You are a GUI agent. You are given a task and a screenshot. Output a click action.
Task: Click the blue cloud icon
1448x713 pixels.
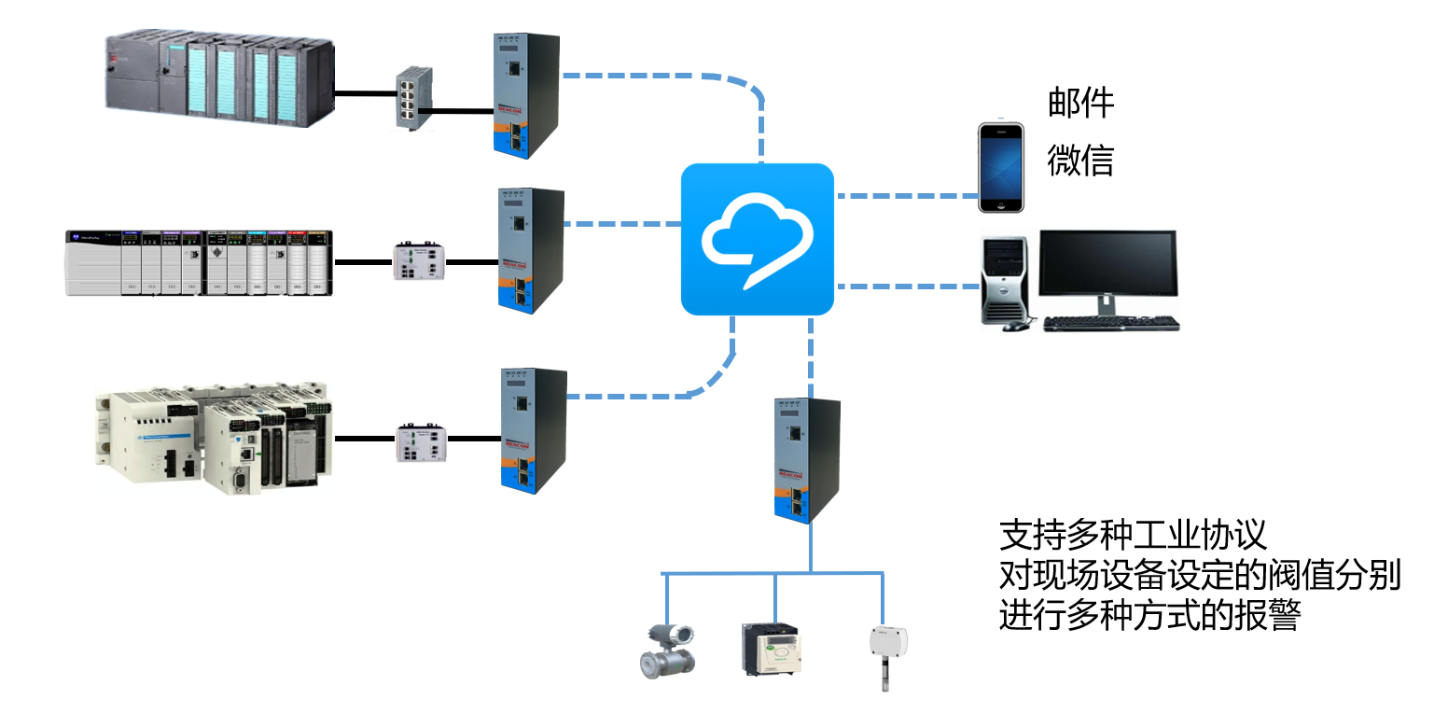(757, 239)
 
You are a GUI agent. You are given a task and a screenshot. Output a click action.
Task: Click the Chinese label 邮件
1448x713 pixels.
(1080, 103)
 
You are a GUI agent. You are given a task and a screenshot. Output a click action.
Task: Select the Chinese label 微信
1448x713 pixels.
(1080, 161)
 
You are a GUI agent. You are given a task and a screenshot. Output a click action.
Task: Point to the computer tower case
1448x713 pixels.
(1007, 279)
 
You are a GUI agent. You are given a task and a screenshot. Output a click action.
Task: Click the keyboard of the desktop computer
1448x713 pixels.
(1110, 324)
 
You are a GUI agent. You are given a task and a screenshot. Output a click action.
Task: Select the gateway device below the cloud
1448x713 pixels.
(807, 459)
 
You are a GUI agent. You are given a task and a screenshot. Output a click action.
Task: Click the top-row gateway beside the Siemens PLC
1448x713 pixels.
(526, 93)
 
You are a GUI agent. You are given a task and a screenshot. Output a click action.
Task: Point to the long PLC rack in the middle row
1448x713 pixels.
(199, 262)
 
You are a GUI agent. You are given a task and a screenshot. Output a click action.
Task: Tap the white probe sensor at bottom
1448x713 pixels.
(882, 653)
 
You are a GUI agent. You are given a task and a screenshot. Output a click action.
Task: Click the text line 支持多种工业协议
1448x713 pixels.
(1133, 536)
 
